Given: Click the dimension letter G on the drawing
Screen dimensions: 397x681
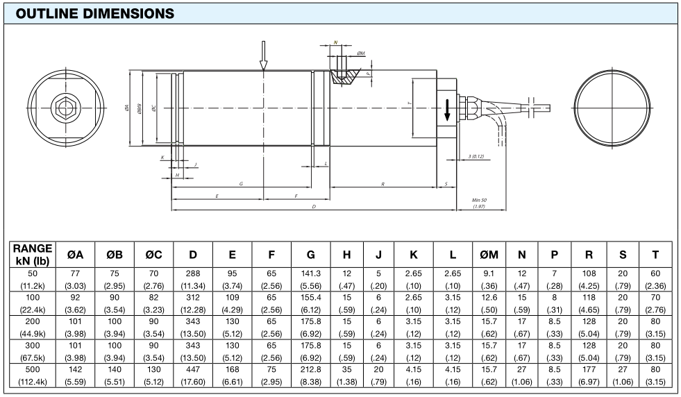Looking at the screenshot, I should pos(240,184).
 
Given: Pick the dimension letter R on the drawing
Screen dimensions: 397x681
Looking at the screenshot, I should pos(383,184).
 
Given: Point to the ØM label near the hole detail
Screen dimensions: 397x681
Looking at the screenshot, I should pos(361,53).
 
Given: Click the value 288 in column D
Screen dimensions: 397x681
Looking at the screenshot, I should pos(192,273).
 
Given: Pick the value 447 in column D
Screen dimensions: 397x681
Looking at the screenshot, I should pos(192,371).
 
